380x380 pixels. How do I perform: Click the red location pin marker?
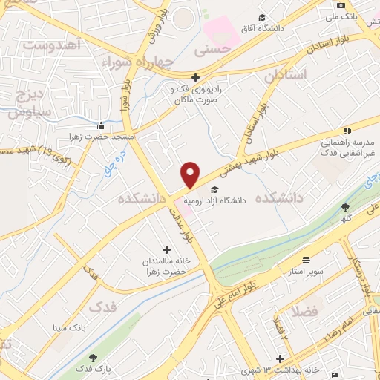click(x=191, y=174)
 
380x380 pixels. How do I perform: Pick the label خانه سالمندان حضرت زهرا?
click(x=168, y=266)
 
